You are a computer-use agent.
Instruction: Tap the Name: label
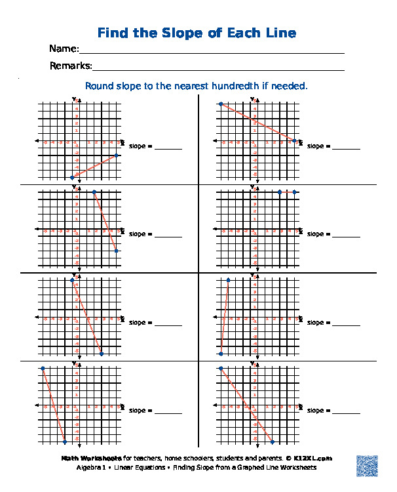point(64,49)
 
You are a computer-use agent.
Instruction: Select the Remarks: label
point(71,66)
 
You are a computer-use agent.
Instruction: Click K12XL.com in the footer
point(313,459)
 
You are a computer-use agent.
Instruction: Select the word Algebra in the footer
point(88,468)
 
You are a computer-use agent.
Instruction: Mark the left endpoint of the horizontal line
point(280,192)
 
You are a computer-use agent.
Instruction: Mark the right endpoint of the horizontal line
point(295,192)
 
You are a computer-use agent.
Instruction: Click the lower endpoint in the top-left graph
point(72,178)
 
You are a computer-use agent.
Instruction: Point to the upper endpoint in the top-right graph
point(221,104)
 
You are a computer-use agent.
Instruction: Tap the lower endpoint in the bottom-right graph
point(273,442)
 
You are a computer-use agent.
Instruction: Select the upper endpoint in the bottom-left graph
point(43,369)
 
